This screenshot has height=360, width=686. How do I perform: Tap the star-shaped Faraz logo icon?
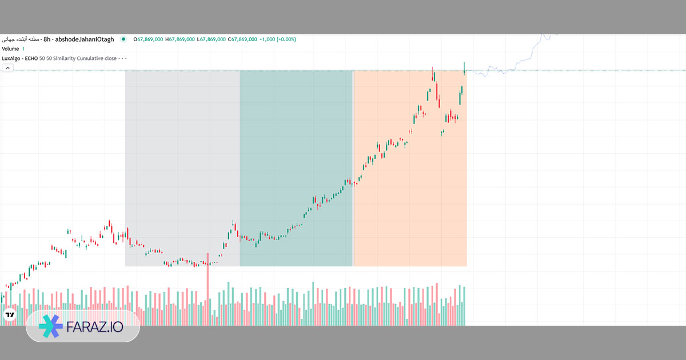pyautogui.click(x=50, y=326)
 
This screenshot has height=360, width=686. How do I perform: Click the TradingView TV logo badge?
pyautogui.click(x=10, y=315)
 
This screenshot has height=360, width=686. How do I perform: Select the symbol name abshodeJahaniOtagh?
pyautogui.click(x=85, y=39)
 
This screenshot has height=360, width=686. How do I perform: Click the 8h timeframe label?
pyautogui.click(x=47, y=39)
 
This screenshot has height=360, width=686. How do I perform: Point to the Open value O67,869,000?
pyautogui.click(x=149, y=39)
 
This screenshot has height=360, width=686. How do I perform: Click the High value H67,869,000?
pyautogui.click(x=180, y=39)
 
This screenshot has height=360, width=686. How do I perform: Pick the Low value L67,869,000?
pyautogui.click(x=210, y=39)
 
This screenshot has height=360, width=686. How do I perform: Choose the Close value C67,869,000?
pyautogui.click(x=242, y=39)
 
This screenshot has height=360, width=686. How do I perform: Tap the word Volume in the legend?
pyautogui.click(x=10, y=49)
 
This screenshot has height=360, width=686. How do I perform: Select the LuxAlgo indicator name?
pyautogui.click(x=12, y=58)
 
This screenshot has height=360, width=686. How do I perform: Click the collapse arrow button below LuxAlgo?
pyautogui.click(x=8, y=68)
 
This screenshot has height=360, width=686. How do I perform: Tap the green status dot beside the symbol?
pyautogui.click(x=123, y=39)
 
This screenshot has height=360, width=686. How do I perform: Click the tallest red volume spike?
pyautogui.click(x=208, y=280)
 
